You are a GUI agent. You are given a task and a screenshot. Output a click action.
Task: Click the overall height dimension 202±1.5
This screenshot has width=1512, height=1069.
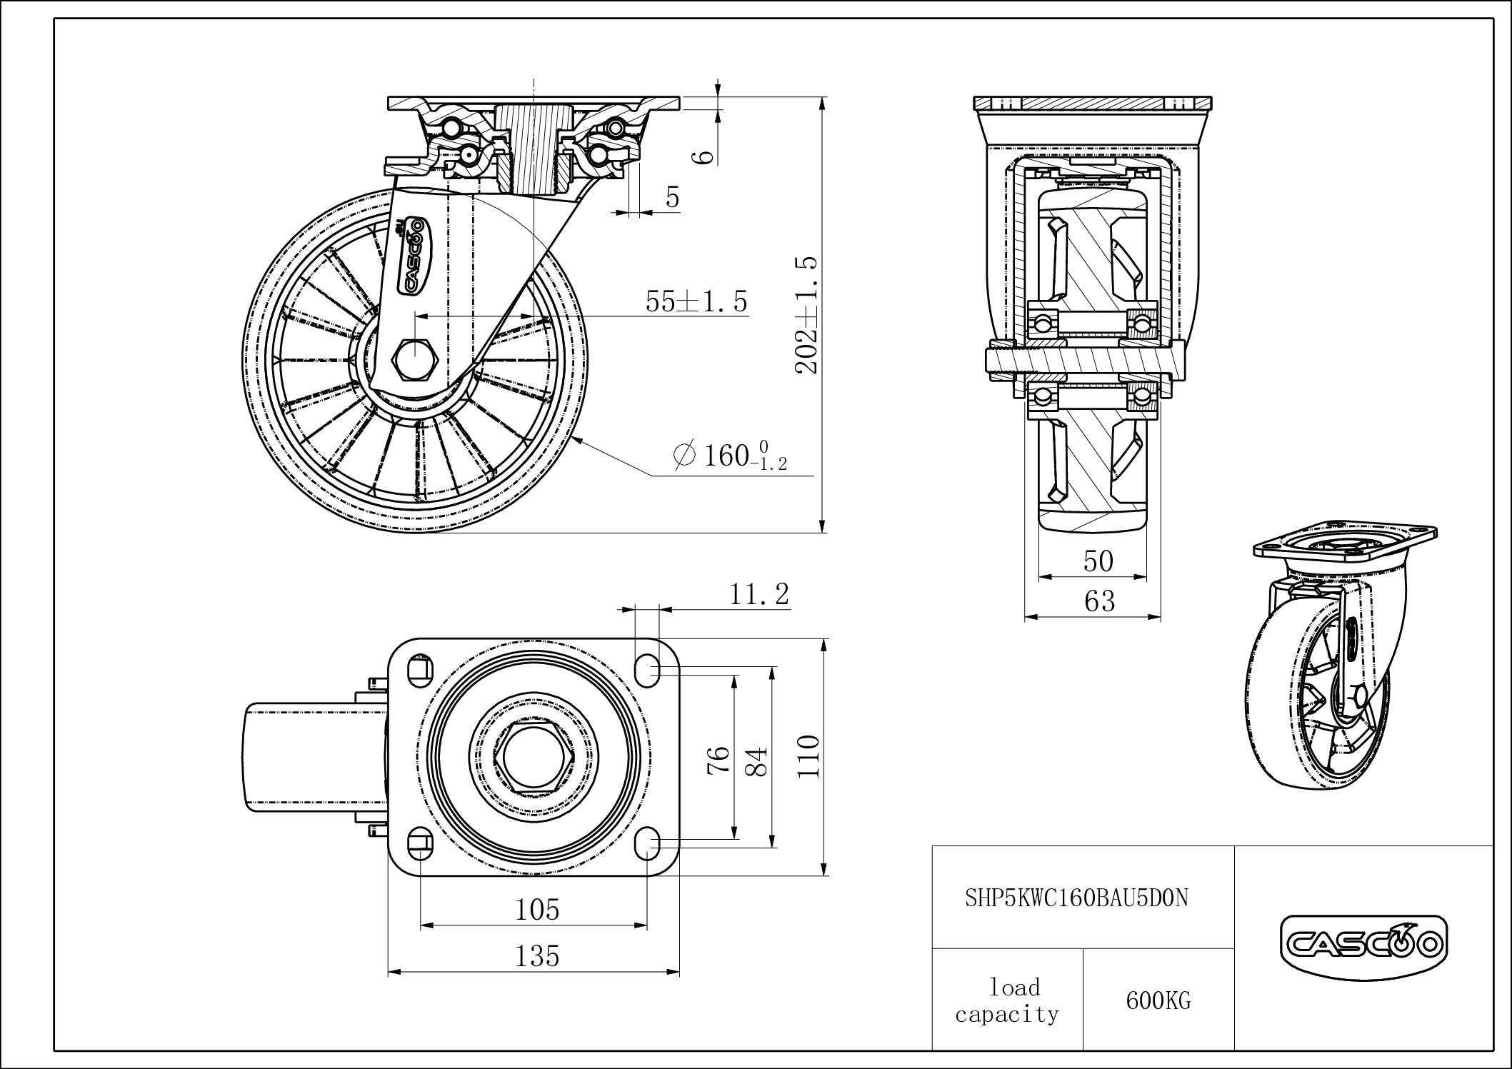click(806, 315)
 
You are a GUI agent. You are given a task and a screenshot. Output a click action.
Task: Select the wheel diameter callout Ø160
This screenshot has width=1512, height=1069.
click(731, 455)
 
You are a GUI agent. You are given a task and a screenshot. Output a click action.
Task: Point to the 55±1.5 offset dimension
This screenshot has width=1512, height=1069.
click(696, 301)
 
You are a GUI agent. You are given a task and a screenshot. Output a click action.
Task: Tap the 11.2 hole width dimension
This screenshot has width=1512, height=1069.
click(758, 593)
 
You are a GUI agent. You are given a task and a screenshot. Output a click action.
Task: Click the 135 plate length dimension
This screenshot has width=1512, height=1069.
click(537, 955)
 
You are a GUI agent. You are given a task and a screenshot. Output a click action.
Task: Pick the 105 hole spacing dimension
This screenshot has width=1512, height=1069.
click(537, 909)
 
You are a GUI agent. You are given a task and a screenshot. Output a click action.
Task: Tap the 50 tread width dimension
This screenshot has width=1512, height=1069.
click(1098, 561)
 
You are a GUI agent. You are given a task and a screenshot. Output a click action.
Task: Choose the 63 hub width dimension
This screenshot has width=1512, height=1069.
click(1099, 601)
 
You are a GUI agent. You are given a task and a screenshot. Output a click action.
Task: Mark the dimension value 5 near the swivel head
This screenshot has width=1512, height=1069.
click(672, 196)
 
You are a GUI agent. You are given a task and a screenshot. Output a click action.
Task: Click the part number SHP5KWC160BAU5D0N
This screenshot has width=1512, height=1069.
click(1077, 898)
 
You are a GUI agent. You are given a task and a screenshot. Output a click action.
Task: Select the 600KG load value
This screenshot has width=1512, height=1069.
click(1158, 1000)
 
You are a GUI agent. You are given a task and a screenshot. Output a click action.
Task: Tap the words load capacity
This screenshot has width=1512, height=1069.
click(1008, 1000)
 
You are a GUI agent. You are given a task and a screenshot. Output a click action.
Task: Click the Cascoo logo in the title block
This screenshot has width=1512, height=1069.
click(1363, 944)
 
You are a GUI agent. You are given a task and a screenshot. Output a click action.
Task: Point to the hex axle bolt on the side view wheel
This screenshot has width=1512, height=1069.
click(414, 359)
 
